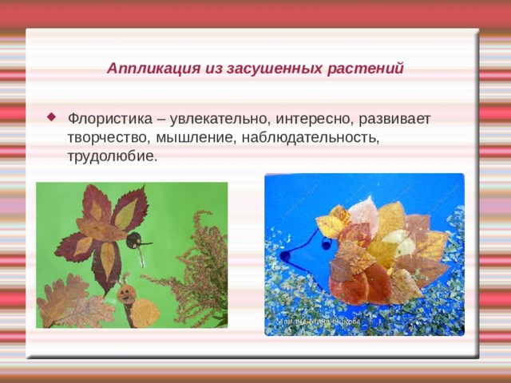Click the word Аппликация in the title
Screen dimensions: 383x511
[143, 69]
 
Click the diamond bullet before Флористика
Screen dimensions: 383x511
[52, 116]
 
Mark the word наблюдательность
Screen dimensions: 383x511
[311, 137]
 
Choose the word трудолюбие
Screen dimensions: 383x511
[112, 156]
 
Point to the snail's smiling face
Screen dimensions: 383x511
[125, 294]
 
